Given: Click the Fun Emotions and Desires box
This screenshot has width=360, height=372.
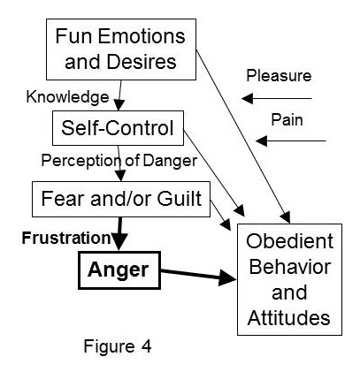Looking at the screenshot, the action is (121, 49).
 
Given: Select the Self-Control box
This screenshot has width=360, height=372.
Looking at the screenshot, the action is (118, 128).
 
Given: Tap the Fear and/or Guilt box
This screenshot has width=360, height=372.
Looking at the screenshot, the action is (121, 199).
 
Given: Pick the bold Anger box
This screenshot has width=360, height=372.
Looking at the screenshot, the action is (119, 270).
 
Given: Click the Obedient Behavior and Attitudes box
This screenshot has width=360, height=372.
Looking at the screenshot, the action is (289, 279).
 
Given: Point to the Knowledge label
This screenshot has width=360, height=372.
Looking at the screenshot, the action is (67, 97).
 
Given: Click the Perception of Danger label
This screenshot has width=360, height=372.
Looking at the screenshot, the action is (119, 161).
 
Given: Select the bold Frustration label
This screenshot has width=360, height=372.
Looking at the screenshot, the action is (66, 238).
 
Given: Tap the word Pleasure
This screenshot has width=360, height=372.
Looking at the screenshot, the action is (279, 76).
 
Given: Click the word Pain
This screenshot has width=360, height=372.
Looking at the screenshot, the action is (287, 120).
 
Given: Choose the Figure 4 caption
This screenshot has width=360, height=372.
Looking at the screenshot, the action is (118, 346).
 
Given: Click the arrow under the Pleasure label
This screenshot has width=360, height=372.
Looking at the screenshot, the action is (277, 98).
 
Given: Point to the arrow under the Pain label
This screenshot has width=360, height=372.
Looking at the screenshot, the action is (291, 141).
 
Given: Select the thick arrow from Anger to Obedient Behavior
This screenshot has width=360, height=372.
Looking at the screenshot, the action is (198, 275).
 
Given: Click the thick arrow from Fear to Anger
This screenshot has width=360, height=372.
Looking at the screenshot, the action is (119, 234).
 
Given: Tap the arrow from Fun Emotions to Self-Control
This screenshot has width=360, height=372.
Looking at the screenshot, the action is (119, 95).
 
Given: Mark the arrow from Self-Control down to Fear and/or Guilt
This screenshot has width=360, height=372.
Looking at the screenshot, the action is (119, 163).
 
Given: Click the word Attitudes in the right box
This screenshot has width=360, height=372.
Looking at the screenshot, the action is (289, 318).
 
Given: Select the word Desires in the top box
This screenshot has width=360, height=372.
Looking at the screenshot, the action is (142, 62).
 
